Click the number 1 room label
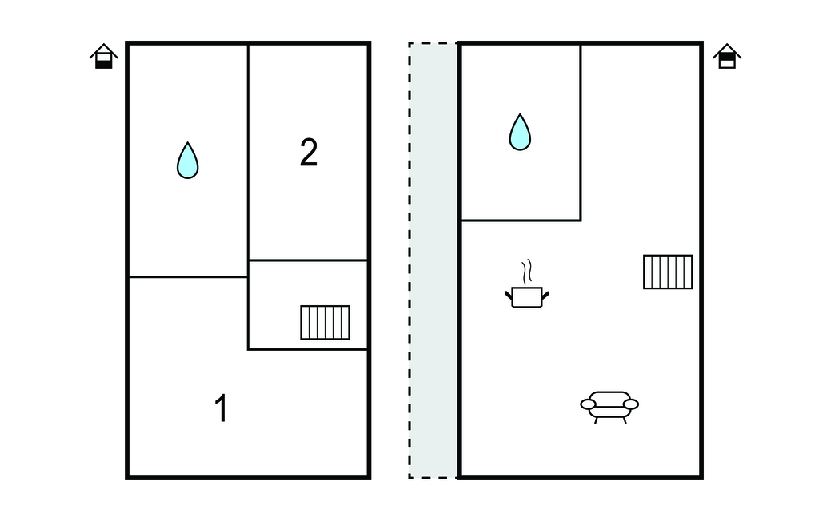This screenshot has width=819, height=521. (x=222, y=408)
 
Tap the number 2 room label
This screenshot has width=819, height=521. (x=309, y=153)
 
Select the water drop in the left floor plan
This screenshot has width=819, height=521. (x=187, y=161)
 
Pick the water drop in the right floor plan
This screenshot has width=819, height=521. (x=520, y=132)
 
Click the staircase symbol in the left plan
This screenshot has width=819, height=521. (x=325, y=323)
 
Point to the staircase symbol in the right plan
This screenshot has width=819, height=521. (x=668, y=272)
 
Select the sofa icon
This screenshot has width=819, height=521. (x=609, y=406)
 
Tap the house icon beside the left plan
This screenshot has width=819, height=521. (x=104, y=57)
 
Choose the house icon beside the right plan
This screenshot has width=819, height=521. (x=727, y=57)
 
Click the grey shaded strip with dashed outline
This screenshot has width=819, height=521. (x=433, y=260)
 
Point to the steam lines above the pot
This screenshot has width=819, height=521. (x=528, y=272)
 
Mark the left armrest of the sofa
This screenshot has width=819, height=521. (x=588, y=404)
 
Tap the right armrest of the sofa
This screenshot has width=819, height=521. (x=631, y=404)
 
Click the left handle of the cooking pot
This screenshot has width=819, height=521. (x=509, y=296)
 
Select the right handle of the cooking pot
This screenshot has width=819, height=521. (x=545, y=296)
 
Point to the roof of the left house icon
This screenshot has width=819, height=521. (x=104, y=50)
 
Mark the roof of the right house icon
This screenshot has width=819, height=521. (x=727, y=50)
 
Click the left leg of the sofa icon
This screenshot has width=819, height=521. (x=596, y=420)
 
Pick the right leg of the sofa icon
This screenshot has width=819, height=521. (x=624, y=420)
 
